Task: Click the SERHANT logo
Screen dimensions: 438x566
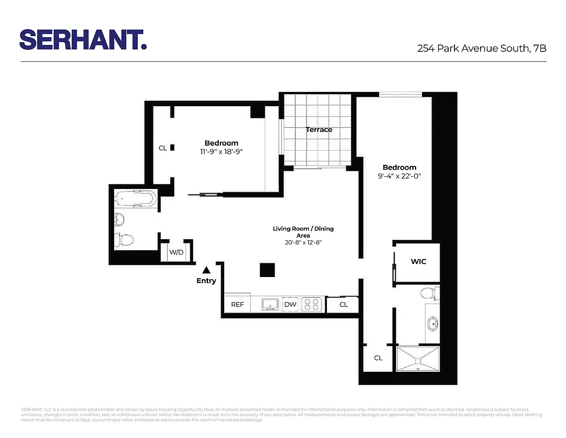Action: pos(83,39)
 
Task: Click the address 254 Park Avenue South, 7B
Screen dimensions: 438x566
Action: pos(482,48)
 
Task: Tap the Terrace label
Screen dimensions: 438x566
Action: pos(319,130)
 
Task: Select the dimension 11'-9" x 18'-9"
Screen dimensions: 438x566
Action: pos(221,152)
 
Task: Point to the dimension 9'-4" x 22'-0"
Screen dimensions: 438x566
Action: pos(399,176)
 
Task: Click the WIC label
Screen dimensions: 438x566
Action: pos(418,262)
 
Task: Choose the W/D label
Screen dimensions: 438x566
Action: pos(176,252)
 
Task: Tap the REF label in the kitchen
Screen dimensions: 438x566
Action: pos(237,304)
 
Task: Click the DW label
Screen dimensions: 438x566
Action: pos(290,304)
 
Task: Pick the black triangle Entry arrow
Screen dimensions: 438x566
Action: pos(206,269)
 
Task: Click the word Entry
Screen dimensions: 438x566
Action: pos(206,281)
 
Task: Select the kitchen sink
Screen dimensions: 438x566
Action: pos(270,304)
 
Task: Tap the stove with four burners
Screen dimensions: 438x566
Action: pos(313,304)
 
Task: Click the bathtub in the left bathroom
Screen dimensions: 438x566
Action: pos(136,198)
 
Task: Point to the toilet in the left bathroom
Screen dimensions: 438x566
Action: pos(125,239)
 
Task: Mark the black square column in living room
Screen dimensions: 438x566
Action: pos(267,270)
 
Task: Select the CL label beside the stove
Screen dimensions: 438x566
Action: pos(343,304)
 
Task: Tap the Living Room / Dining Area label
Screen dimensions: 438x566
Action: pos(303,232)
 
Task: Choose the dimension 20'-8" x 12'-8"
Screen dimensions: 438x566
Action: pos(303,243)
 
